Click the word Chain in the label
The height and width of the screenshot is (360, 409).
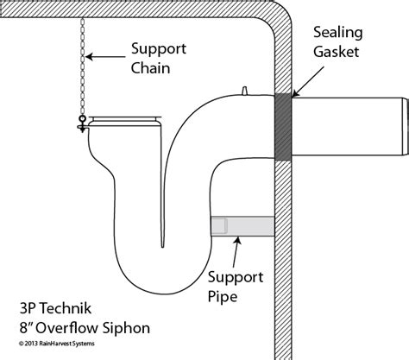coord(152,69)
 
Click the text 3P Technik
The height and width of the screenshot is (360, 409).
coord(52,306)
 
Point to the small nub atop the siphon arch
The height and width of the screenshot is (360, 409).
coord(247,89)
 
